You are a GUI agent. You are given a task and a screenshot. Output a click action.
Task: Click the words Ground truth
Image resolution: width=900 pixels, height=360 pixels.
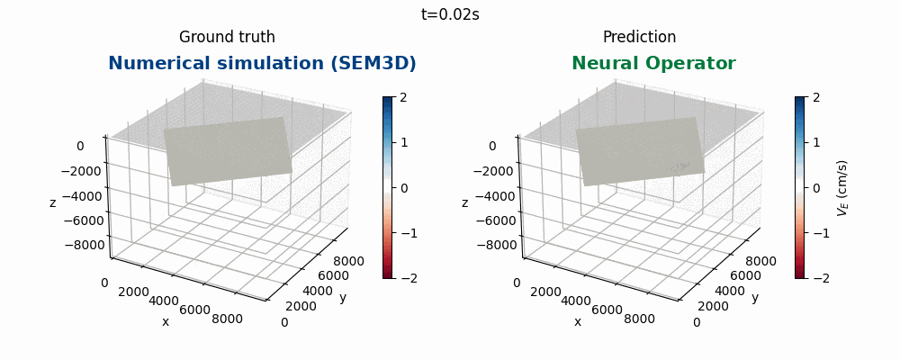click(x=227, y=37)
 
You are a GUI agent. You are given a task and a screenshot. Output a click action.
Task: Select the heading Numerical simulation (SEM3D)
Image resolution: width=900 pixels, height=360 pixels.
click(x=262, y=64)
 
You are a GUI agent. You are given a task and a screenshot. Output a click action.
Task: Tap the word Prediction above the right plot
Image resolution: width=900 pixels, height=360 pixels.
click(x=639, y=37)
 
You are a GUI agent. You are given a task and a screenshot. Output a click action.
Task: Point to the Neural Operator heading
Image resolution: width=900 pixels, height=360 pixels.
click(x=653, y=64)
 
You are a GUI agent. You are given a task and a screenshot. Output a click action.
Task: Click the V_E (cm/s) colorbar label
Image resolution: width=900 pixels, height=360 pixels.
click(x=842, y=188)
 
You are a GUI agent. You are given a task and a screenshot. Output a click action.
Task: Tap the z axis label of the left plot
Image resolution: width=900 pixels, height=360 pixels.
click(x=52, y=202)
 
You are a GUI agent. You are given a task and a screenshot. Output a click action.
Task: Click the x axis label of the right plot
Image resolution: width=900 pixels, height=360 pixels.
click(x=578, y=321)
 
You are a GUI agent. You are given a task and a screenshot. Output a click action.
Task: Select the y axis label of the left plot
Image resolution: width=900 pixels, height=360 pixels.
click(x=343, y=297)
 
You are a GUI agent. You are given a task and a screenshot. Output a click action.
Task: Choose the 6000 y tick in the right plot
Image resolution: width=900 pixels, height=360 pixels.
click(x=735, y=276)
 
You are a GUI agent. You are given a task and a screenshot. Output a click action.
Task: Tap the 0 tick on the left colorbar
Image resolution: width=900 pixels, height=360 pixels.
click(x=404, y=188)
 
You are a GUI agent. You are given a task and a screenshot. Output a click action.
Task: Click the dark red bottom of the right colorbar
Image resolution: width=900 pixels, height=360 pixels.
click(x=799, y=274)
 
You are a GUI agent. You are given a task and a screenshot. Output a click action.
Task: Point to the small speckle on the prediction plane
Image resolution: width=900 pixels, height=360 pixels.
click(x=679, y=166)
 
